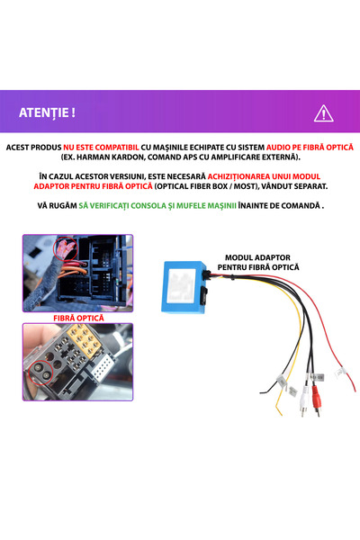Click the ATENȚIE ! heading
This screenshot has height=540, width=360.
click(47, 112)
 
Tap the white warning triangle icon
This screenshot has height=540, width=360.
click(323, 113)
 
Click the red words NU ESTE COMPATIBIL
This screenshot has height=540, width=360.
click(101, 148)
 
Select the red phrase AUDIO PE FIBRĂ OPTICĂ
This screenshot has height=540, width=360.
click(310, 148)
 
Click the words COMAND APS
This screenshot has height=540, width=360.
click(173, 157)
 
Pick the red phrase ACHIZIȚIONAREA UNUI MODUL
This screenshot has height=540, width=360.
click(264, 176)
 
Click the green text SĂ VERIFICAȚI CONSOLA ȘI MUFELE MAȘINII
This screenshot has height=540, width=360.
click(157, 205)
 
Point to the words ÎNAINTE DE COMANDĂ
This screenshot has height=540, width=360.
click(279, 205)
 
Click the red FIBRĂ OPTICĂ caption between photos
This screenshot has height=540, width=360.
click(78, 318)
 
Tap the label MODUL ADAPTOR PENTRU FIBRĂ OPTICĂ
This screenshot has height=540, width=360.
click(258, 262)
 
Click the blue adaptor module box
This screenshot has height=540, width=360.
click(184, 287)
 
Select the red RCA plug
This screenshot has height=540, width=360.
click(316, 399)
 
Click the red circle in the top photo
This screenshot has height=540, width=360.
click(65, 248)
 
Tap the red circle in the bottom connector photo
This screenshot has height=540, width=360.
click(40, 373)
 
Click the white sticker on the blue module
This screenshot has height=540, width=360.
click(182, 285)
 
